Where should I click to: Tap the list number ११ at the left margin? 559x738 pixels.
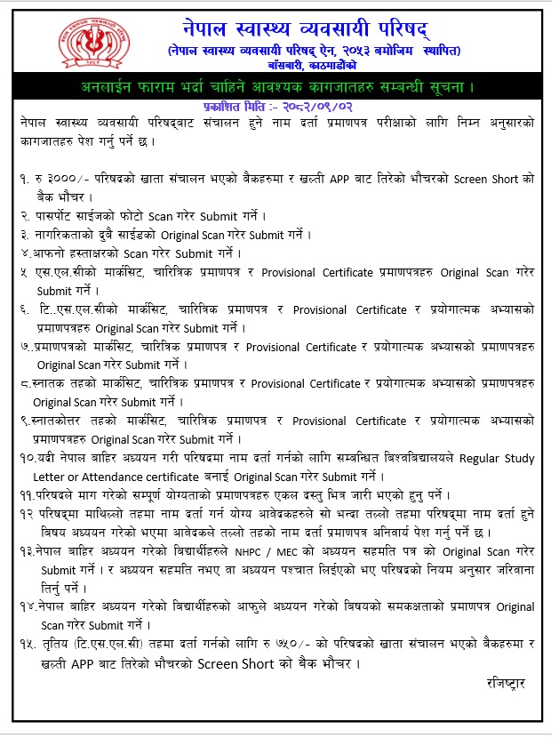[27, 496]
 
